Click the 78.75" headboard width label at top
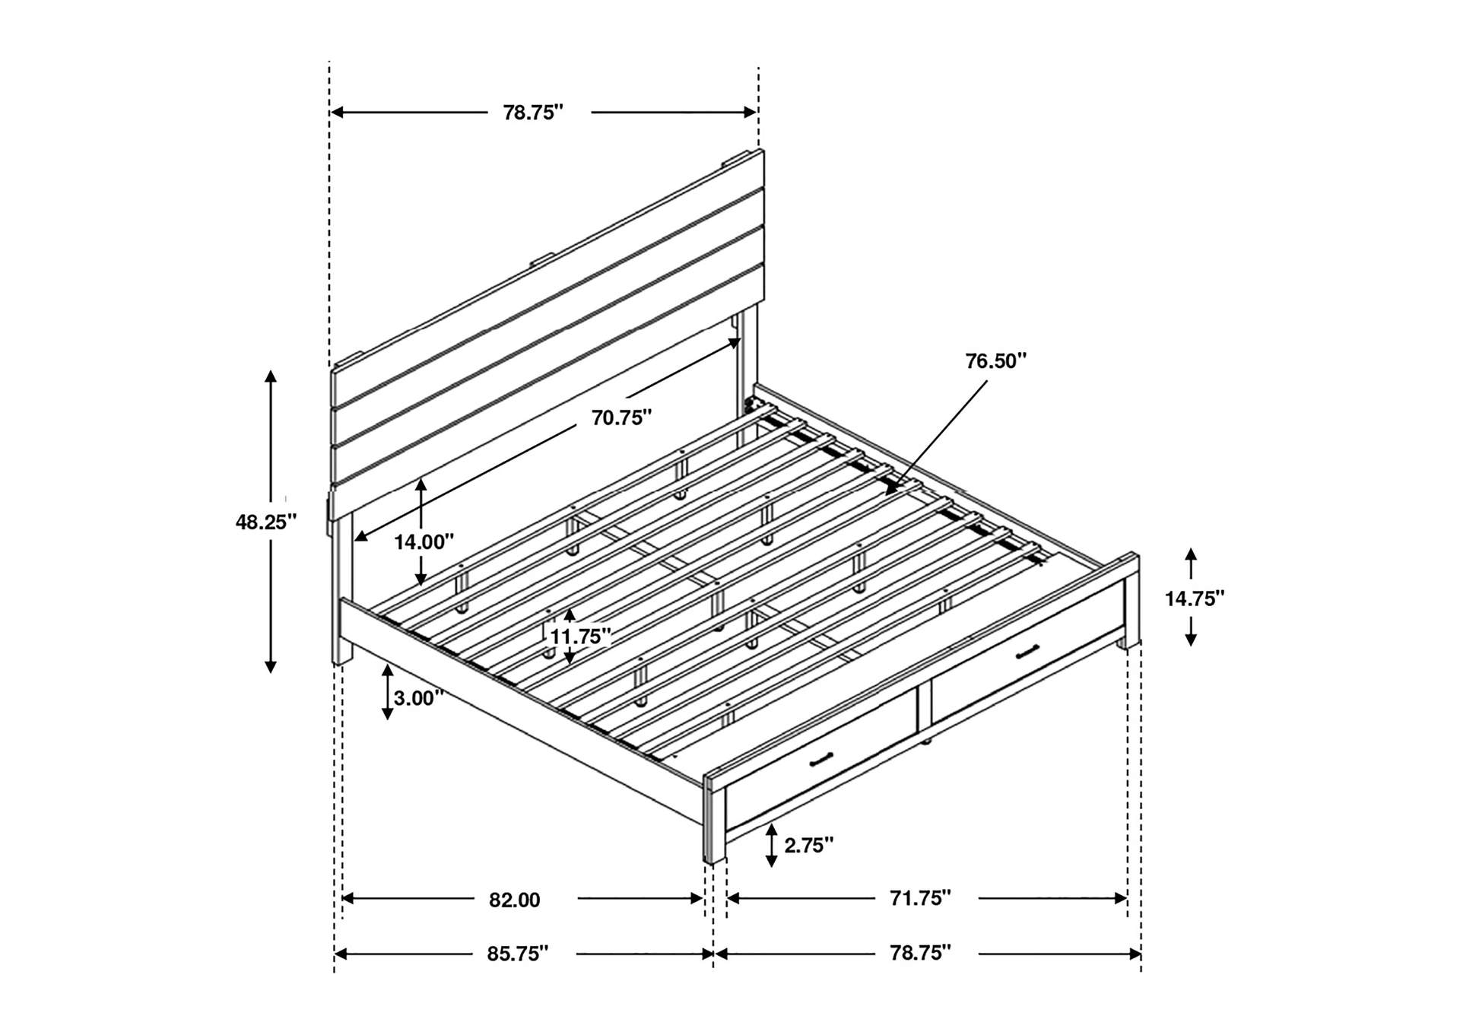pos(533,113)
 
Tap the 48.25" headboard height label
pos(265,522)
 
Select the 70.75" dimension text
pos(622,417)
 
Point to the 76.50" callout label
pos(996,361)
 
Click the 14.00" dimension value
pos(424,542)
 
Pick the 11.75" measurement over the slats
pos(581,636)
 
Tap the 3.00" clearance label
pos(419,698)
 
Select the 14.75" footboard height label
pos(1195,598)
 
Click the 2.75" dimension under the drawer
pos(809,845)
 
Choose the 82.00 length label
pos(515,900)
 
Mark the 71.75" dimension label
pos(920,898)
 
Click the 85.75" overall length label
pos(518,954)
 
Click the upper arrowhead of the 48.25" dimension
pos(270,377)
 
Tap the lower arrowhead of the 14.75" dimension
pos(1191,640)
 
